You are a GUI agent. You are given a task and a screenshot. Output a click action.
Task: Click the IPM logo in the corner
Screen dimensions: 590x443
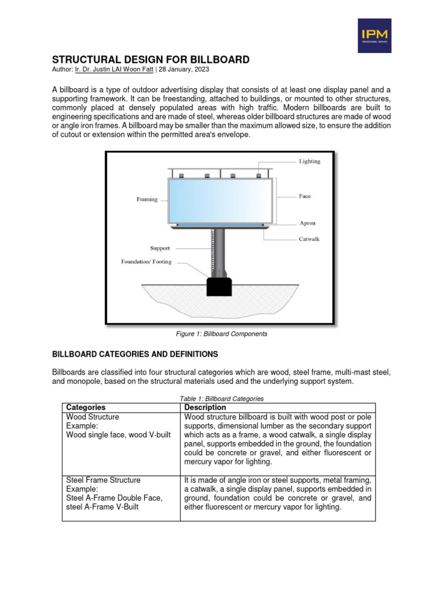374,36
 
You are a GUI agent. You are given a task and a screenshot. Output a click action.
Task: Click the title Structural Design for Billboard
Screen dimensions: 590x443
151,60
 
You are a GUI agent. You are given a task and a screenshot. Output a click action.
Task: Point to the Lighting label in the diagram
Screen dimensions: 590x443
309,161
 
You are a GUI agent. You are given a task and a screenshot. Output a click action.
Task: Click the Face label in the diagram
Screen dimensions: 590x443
305,196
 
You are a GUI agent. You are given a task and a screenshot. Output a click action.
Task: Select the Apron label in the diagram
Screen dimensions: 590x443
307,222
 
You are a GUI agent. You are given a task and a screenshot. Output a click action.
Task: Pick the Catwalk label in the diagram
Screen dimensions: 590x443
310,238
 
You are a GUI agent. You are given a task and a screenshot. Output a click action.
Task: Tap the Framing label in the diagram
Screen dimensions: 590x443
147,199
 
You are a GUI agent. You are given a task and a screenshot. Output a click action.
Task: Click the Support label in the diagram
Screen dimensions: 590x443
160,248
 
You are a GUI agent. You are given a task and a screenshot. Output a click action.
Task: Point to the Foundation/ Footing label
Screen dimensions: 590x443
146,261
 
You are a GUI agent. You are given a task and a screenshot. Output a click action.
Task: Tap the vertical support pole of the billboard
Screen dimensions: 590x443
219,251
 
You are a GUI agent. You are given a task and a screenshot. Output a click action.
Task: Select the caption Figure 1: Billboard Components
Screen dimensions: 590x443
221,334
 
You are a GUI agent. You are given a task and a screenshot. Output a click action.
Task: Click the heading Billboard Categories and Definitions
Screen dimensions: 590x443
135,354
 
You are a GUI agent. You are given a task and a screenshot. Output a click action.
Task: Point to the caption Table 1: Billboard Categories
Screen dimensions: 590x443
221,399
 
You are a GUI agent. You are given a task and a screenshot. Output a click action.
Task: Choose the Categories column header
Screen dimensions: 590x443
86,407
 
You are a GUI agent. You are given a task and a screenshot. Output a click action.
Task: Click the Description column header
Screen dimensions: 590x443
205,407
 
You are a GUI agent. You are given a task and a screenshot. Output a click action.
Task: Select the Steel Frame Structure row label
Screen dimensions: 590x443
104,480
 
